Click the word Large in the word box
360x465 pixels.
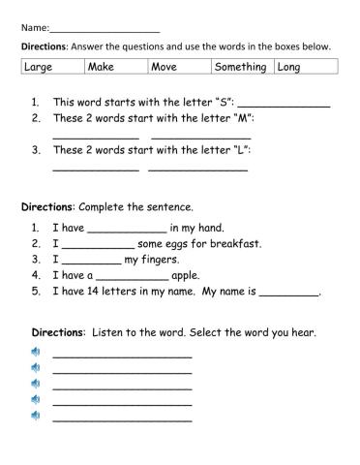(x=38, y=67)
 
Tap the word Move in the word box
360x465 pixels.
(x=164, y=67)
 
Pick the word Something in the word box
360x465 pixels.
(x=241, y=67)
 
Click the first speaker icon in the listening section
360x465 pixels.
(x=36, y=352)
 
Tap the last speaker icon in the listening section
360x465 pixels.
(x=36, y=415)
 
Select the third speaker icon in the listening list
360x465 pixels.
(x=36, y=383)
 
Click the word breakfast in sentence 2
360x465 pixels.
(x=232, y=244)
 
